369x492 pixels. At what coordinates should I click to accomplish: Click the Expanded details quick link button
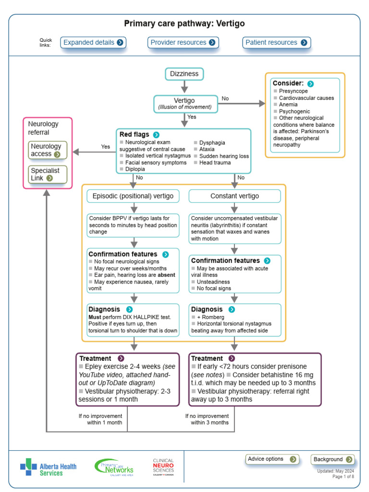point(94,42)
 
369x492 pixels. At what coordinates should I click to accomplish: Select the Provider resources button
point(183,42)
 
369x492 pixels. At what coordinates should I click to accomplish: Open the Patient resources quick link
point(276,42)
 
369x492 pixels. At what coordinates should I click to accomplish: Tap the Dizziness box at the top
point(184,74)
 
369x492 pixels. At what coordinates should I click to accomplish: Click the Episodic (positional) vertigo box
point(134,196)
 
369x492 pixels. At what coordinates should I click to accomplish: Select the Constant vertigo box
point(234,196)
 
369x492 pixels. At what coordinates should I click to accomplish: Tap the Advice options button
point(272,459)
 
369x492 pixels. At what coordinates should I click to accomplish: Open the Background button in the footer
point(332,459)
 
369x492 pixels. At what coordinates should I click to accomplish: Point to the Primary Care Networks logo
point(114,466)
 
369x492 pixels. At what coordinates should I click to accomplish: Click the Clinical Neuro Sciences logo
point(163,467)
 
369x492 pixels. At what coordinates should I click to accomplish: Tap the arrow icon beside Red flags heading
point(156,135)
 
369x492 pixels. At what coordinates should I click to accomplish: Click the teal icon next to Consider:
point(310,84)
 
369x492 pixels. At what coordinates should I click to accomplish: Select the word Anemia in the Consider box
point(288,104)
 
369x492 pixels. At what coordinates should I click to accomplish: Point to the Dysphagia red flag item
point(212,143)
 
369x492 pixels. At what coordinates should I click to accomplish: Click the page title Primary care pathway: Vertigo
point(184,24)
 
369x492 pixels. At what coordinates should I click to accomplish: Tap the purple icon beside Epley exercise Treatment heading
point(121,358)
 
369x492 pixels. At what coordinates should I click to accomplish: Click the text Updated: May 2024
point(335,471)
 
